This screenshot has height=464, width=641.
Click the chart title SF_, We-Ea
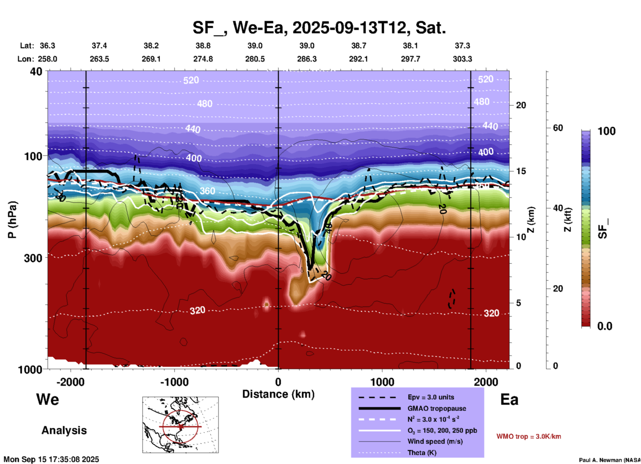tap(319, 28)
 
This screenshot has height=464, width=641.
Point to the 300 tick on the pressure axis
tap(33, 258)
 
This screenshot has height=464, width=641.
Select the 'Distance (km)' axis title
tap(278, 394)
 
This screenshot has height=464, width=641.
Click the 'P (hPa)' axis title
tap(12, 220)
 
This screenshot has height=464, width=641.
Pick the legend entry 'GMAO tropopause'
tap(436, 408)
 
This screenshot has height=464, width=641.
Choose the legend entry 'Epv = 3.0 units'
tap(430, 397)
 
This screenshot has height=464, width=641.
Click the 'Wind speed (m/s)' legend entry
tap(435, 441)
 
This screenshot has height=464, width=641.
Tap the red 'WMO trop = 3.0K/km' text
tap(529, 436)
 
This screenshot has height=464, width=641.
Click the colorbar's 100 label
tap(606, 131)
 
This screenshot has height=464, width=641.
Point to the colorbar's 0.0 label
tap(605, 326)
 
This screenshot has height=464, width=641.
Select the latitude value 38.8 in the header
tap(203, 46)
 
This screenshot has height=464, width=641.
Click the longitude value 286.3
tap(307, 59)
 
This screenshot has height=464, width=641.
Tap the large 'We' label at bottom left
tap(48, 399)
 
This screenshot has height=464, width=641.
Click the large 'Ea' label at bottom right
tap(509, 399)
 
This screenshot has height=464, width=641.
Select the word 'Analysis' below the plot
tap(64, 430)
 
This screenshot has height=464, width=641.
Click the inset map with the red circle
tap(180, 425)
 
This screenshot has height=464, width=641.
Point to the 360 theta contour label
tap(207, 191)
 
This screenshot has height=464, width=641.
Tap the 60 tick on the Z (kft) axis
tap(558, 128)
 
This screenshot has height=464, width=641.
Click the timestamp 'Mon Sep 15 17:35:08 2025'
tap(51, 459)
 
